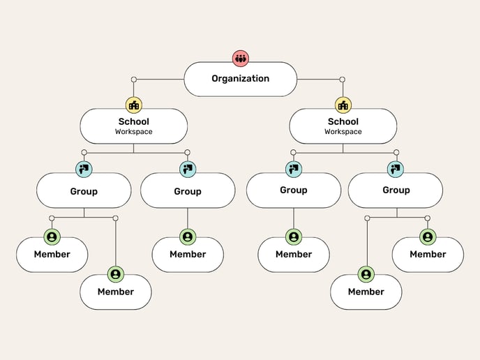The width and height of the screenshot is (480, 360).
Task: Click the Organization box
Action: point(240,79)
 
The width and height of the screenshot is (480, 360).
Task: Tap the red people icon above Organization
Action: point(241,58)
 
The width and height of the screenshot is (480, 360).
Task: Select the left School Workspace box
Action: point(133,126)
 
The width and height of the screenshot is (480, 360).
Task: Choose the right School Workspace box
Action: point(343,126)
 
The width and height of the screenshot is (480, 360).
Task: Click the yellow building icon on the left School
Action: point(134,105)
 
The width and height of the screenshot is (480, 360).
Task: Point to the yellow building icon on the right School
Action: point(343,105)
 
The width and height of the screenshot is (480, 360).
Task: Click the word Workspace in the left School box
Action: point(133,131)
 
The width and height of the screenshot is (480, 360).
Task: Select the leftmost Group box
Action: point(84,190)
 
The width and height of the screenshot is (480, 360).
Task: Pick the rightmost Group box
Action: point(396,190)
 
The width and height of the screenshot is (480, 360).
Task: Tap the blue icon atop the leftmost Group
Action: point(84,169)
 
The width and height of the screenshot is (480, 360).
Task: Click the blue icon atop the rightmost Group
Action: point(396,168)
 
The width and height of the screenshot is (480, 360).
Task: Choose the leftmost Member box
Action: point(52,255)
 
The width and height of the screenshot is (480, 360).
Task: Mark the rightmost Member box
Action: point(428,255)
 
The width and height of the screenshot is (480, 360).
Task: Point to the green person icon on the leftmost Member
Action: point(52,237)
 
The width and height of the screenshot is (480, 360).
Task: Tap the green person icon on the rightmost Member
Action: point(428,237)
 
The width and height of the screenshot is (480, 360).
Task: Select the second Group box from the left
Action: point(188,190)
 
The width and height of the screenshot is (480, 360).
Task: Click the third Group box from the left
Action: point(294,190)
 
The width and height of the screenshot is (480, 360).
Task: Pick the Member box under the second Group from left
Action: point(188,255)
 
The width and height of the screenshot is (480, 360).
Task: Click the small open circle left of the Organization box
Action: point(134,79)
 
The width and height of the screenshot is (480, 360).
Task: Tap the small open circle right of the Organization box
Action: point(343,79)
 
